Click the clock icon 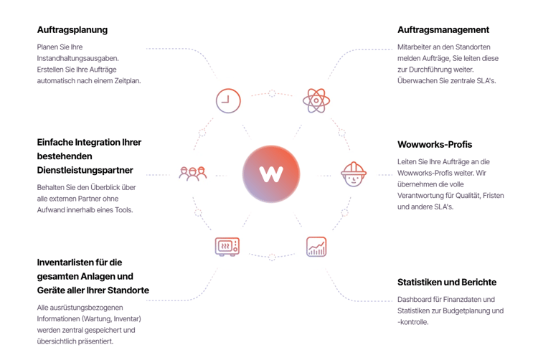point(228,101)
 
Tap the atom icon point(316,100)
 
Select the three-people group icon point(193,174)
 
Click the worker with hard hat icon point(354,174)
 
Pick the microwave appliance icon point(227,247)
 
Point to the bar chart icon point(316,247)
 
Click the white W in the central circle point(271,174)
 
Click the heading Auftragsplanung point(72,30)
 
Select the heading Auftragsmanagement point(443,30)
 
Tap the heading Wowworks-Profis point(435,144)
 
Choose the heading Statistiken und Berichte point(447,282)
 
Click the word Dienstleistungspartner point(85,170)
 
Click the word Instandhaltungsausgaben point(78,59)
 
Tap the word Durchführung point(429,70)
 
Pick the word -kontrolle point(413,322)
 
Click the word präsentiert point(97,341)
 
